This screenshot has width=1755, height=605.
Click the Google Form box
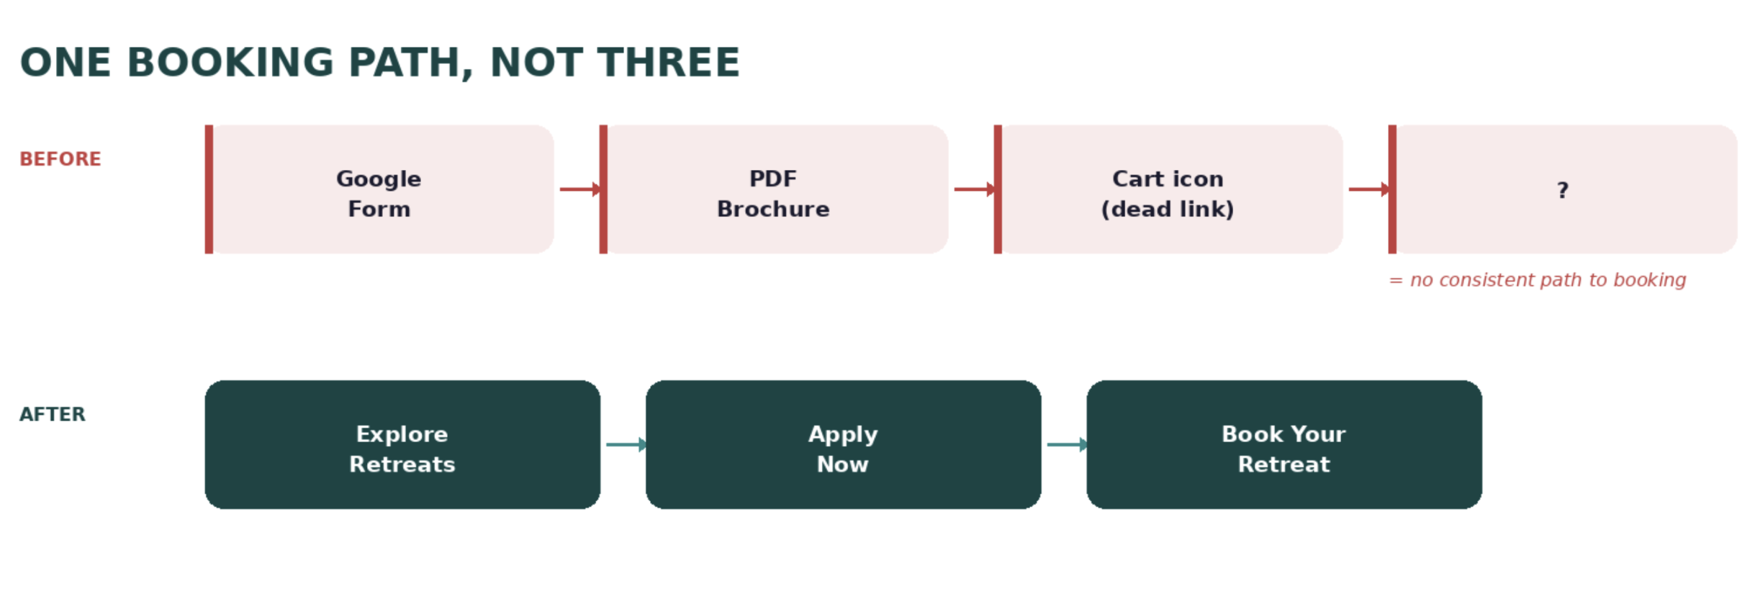click(379, 189)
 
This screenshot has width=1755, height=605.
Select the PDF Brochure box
click(774, 189)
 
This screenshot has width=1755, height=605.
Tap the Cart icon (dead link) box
click(1168, 189)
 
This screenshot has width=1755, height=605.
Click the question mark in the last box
click(1562, 190)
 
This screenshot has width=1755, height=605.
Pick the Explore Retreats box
click(402, 444)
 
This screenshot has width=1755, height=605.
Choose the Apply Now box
click(843, 444)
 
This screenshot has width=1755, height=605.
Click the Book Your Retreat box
click(1284, 444)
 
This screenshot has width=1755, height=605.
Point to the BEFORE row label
click(60, 159)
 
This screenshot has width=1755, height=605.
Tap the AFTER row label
click(53, 414)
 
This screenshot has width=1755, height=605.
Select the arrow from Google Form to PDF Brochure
click(579, 189)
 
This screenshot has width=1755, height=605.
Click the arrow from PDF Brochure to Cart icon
click(974, 189)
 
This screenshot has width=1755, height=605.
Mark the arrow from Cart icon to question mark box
click(1368, 189)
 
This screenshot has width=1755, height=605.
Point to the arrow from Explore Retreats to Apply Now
click(626, 444)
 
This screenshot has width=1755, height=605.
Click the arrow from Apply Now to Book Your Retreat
click(1066, 444)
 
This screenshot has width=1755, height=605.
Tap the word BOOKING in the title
click(230, 63)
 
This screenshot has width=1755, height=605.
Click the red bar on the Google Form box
click(209, 189)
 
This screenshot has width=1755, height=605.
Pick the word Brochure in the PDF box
click(774, 209)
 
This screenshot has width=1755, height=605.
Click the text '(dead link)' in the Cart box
click(1168, 209)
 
